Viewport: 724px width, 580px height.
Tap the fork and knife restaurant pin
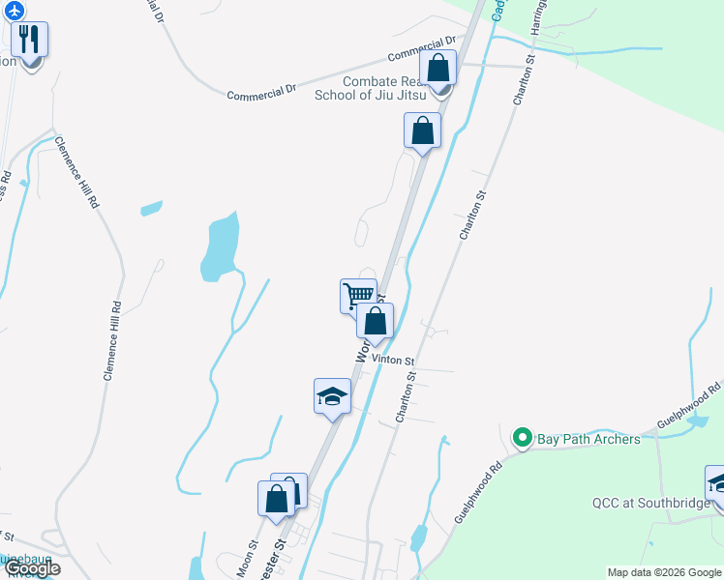[30, 41]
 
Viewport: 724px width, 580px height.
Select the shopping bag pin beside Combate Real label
[438, 70]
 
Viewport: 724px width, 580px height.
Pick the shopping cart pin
[357, 294]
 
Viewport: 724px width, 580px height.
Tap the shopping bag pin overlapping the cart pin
[376, 320]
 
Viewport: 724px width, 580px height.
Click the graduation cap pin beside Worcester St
[332, 395]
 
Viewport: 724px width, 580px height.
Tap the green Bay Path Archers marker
[523, 439]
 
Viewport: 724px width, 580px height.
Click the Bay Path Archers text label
[588, 440]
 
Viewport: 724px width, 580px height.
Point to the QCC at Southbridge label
[650, 503]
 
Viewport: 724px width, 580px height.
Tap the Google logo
[32, 568]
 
